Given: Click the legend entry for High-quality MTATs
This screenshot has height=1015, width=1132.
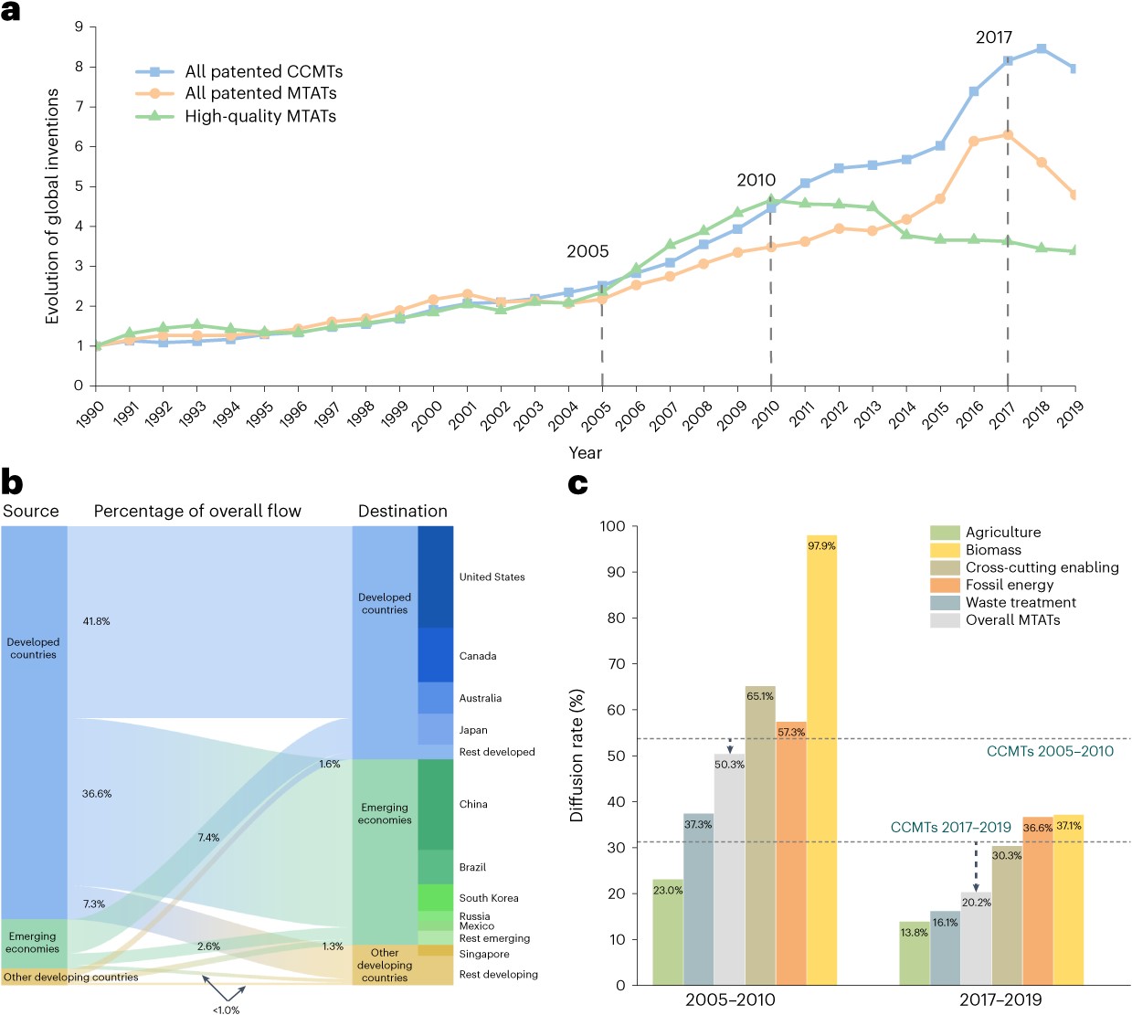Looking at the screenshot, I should (x=259, y=116).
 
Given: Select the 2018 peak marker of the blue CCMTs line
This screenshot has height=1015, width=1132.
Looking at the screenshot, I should (x=1041, y=48).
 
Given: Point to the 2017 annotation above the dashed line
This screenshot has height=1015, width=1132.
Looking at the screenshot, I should (x=993, y=37).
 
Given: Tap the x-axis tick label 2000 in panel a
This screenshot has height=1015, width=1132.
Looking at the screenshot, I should (x=427, y=414).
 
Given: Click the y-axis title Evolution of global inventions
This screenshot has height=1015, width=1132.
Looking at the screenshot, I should (x=52, y=206).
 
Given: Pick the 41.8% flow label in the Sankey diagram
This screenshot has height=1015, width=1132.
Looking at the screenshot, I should (x=96, y=621).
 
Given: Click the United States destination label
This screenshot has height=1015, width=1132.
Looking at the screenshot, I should (x=492, y=576).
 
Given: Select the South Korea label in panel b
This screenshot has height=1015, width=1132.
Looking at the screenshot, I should (x=488, y=898).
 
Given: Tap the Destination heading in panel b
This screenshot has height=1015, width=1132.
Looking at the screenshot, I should (x=402, y=511).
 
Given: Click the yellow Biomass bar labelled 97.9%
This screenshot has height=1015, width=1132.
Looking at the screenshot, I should (x=821, y=758).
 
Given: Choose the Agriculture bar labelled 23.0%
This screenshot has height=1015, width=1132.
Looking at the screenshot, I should (x=668, y=932).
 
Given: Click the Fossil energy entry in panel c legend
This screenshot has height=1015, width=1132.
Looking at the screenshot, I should (x=1009, y=585).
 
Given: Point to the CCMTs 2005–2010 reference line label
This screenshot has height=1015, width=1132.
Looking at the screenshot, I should (x=1050, y=751).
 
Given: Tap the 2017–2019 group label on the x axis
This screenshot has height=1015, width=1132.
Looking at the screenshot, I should (x=1000, y=999).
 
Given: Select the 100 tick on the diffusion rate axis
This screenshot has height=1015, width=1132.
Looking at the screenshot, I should (x=612, y=526).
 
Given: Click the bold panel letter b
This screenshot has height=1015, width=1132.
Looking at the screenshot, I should (x=12, y=481).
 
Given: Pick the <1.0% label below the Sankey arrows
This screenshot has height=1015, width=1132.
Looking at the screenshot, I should (x=226, y=1010).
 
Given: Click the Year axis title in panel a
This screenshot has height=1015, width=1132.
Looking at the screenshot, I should (x=585, y=453).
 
